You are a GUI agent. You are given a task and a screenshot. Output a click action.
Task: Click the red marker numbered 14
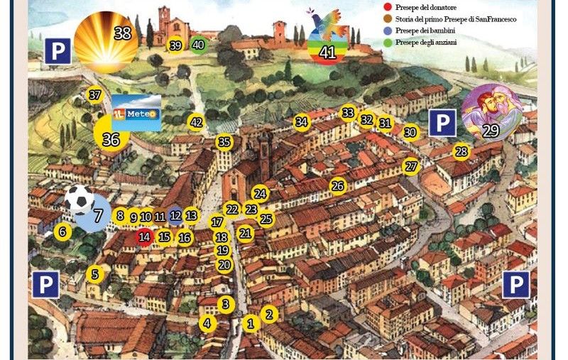click(x=145, y=236)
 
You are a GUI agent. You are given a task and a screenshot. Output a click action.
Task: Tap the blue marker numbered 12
click(x=175, y=215)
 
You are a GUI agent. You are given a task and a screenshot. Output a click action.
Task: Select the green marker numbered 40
click(x=199, y=45)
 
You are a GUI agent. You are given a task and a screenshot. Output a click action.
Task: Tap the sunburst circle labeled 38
click(x=106, y=41)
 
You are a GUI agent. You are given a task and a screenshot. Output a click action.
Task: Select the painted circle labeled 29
click(x=491, y=113)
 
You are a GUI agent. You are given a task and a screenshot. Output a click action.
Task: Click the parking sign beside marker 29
click(x=442, y=123)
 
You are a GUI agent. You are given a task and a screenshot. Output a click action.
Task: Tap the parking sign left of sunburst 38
click(x=57, y=51)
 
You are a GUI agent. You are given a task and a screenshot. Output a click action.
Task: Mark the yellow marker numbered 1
click(x=250, y=324)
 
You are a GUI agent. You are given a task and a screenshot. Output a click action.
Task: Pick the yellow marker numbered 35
click(x=224, y=142)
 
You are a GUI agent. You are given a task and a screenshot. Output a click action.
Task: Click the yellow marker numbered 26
click(x=338, y=186)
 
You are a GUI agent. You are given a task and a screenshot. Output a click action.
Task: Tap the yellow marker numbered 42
click(x=197, y=122)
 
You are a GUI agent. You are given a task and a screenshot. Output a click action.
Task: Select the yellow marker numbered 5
click(x=96, y=273)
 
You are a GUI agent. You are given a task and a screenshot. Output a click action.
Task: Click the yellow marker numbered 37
click(x=95, y=94)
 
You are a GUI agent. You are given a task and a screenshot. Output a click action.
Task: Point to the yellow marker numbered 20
click(x=224, y=265)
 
